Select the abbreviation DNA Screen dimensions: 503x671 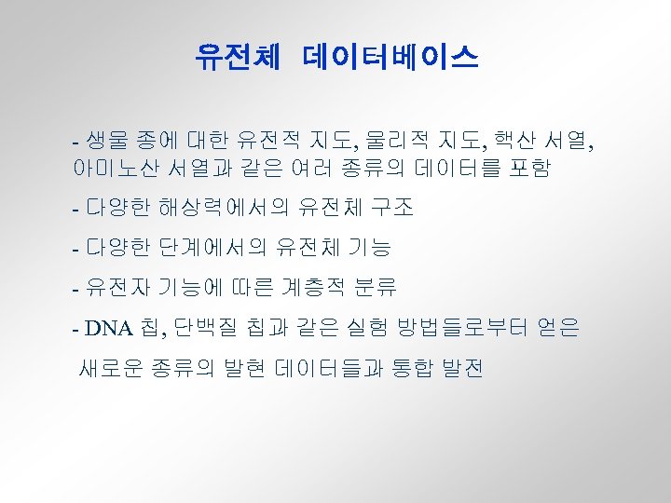pos(110,329)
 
